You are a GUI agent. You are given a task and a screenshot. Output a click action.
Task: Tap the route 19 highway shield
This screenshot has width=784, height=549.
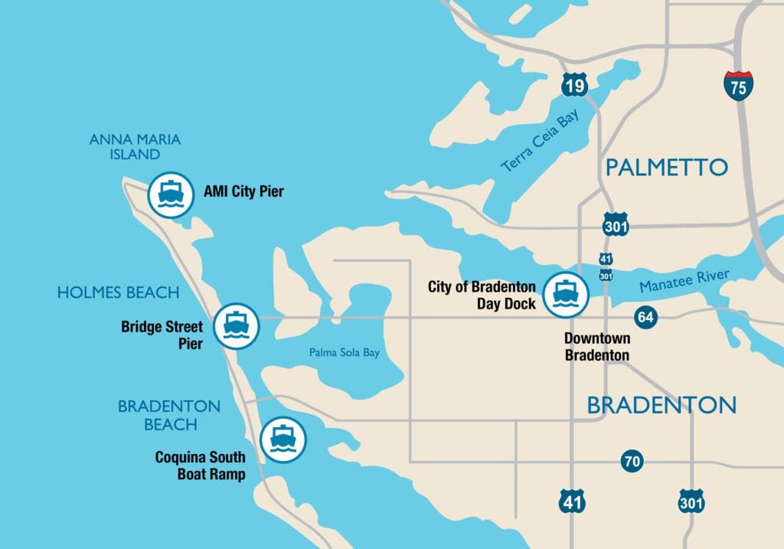coord(574,84)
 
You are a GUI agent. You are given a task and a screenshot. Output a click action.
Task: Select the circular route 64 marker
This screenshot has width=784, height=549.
coord(645,317)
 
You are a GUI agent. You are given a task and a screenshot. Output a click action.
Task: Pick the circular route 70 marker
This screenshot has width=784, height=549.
coord(632,462)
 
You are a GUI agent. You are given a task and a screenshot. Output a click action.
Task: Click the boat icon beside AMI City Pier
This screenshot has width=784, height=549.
coord(170,194)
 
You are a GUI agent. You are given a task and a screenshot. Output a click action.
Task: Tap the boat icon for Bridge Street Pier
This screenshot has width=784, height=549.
coord(237,326)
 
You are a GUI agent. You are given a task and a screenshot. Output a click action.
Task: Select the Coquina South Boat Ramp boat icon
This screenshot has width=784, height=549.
coord(283,440)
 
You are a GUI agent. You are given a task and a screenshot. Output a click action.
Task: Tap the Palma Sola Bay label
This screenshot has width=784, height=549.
coord(345,353)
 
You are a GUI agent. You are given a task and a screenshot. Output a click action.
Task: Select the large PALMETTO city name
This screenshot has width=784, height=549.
coord(666,167)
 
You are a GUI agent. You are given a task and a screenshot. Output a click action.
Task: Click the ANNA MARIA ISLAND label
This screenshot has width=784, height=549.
coord(135,147)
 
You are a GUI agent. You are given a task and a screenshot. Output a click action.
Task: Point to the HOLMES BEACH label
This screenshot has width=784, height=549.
coord(118,292)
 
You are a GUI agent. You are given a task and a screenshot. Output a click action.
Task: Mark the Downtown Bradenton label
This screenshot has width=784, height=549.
coord(597,347)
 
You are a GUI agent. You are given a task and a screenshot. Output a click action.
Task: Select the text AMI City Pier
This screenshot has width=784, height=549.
coord(243,191)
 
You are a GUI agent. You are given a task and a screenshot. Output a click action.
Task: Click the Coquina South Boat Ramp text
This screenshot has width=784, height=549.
coord(200,466)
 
